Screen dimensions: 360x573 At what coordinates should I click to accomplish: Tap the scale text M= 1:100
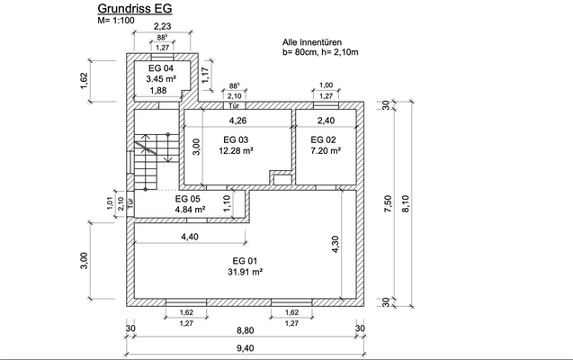(x=118, y=22)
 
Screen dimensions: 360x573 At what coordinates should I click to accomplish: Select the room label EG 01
(x=244, y=259)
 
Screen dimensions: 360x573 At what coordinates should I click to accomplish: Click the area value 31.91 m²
(x=244, y=271)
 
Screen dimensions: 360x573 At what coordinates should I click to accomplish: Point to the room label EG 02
(x=323, y=139)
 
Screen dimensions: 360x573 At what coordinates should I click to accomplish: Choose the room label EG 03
(x=235, y=139)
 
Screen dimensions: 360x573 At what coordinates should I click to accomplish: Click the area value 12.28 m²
(x=235, y=151)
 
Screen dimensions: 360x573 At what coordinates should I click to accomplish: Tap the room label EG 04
(x=160, y=68)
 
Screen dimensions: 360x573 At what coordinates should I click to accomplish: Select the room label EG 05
(x=187, y=198)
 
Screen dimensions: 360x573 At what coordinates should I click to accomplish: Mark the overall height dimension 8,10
(x=415, y=204)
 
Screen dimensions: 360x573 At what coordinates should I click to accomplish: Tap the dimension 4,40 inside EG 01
(x=190, y=237)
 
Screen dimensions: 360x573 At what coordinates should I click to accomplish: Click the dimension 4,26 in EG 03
(x=237, y=120)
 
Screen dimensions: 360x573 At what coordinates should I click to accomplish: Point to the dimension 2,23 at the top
(x=162, y=27)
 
